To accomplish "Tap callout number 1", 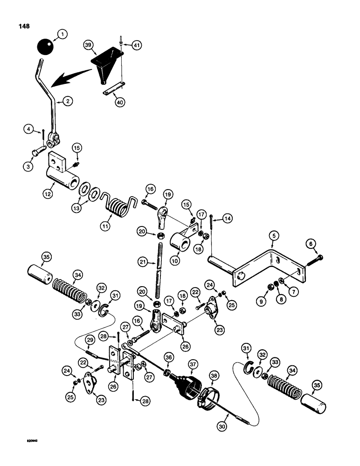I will [x=62, y=34].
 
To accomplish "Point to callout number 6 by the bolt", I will [x=310, y=242].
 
